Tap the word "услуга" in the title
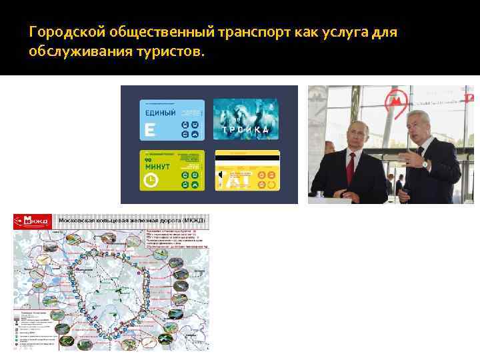click(340, 32)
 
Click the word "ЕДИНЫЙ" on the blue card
click(159, 113)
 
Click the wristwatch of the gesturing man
click(424, 162)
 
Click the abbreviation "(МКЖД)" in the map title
click(193, 219)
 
